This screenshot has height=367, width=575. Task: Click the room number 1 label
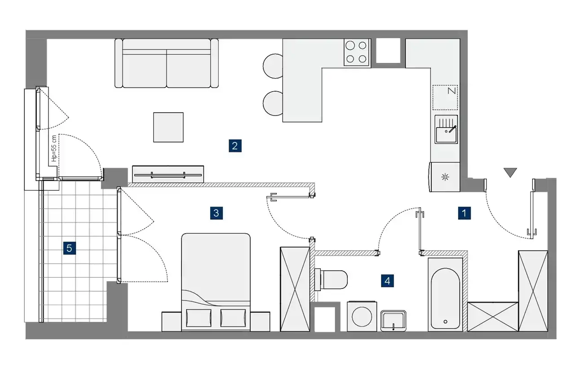464,213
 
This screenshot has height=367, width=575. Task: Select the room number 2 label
235,146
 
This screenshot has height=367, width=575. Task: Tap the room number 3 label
217,213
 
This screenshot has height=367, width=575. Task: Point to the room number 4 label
387,281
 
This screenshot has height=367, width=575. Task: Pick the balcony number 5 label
70,248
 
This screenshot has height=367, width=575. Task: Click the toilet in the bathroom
331,279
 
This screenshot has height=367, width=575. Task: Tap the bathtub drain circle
445,322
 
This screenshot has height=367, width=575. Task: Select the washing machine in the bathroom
362,316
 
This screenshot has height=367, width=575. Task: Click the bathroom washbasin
393,321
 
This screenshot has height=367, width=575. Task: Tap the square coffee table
168,127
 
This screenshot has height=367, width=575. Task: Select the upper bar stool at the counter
273,66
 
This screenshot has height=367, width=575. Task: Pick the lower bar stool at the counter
273,103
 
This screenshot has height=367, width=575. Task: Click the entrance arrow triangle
510,172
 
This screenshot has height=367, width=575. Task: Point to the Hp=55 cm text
54,148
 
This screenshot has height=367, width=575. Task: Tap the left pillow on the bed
199,318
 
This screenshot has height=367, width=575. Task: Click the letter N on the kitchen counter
451,91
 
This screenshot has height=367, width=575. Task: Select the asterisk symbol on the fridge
445,177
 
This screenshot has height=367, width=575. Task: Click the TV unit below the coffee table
168,174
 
